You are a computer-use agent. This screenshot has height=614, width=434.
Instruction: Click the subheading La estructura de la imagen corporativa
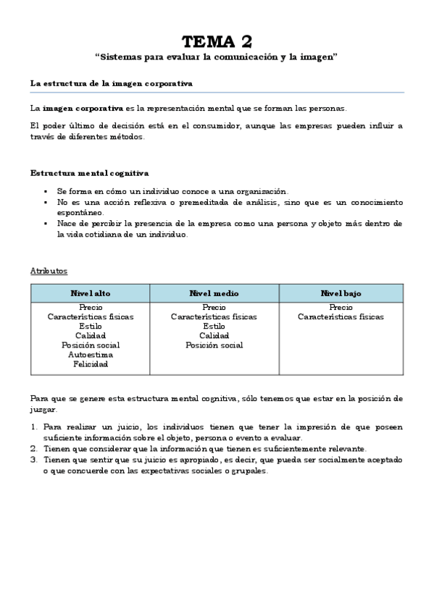tap(111, 83)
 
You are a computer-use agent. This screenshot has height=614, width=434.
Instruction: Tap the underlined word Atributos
tap(49, 271)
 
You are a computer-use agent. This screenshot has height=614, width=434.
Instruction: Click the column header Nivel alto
tap(90, 293)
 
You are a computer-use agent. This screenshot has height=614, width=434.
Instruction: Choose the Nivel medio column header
tap(214, 293)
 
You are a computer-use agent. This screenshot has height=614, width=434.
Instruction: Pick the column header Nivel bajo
tap(341, 293)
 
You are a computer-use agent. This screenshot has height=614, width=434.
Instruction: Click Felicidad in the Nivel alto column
tap(90, 364)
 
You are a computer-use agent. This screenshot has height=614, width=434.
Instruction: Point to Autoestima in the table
tap(90, 355)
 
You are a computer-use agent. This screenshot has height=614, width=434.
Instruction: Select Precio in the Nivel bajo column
tap(341, 308)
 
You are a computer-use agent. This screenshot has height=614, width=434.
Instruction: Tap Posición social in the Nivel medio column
tap(214, 345)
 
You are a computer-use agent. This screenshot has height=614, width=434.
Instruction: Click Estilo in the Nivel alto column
tap(90, 327)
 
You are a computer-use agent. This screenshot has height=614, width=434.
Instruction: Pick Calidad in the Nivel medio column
tap(214, 336)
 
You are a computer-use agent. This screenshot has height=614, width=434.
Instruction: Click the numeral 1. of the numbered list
tap(33, 427)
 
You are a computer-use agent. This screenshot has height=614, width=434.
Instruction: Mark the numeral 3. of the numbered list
tap(33, 460)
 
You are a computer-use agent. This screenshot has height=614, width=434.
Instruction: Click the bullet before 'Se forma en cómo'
tap(46, 190)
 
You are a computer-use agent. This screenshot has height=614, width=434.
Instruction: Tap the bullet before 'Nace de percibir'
tap(46, 224)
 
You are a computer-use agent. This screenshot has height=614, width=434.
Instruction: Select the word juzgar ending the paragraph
tap(42, 409)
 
